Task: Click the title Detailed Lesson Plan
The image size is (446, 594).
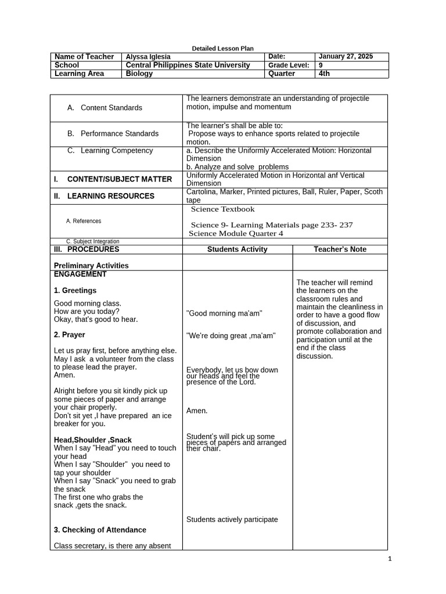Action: coord(222,48)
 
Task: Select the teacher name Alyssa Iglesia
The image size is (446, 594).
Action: coord(148,57)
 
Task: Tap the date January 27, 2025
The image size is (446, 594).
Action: coord(346,57)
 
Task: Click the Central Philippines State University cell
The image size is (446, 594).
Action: coord(188,66)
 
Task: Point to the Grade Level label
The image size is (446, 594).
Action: coord(288,66)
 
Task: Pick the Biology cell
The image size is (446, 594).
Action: coord(139,74)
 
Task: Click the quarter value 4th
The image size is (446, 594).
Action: coord(324,74)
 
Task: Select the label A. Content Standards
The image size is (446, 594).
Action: coord(105,108)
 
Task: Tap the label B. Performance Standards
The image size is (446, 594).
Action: coord(113,133)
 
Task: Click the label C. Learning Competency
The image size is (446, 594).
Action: coord(110,151)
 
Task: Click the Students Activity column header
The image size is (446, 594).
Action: coord(238,249)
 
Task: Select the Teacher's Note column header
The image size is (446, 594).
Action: coord(340,249)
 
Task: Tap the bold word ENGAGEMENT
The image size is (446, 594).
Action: coord(80,274)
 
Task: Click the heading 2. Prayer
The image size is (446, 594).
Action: coord(69,335)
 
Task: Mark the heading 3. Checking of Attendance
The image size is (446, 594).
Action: coord(100,530)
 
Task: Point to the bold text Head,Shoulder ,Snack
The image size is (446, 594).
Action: coord(93,440)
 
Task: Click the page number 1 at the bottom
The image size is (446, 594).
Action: coord(390,559)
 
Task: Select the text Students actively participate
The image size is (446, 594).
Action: coord(232,519)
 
